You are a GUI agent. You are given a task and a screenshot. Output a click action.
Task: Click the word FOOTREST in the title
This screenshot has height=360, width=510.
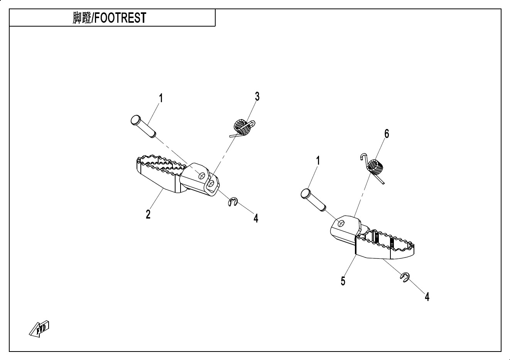click(x=120, y=18)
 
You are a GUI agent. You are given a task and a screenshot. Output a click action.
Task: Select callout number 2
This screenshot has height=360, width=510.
click(x=148, y=214)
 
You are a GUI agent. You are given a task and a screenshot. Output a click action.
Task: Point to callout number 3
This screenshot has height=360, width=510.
click(x=257, y=97)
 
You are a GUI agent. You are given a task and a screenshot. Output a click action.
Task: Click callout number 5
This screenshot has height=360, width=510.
click(x=343, y=281)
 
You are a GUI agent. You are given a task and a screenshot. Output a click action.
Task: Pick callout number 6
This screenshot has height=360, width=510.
click(x=387, y=134)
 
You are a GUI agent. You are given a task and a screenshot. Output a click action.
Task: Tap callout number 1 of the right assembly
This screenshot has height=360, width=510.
click(x=318, y=161)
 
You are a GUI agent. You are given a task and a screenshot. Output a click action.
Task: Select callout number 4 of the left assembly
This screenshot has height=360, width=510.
click(x=256, y=218)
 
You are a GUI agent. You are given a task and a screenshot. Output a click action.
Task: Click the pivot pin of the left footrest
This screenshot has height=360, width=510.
click(x=143, y=126)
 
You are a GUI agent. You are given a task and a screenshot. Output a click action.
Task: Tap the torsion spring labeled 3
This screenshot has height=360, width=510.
click(x=242, y=128)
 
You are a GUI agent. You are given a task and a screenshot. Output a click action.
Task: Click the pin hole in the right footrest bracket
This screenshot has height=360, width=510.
click(x=341, y=223)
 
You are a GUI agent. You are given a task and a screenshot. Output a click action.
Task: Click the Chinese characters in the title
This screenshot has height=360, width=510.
click(x=82, y=18)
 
